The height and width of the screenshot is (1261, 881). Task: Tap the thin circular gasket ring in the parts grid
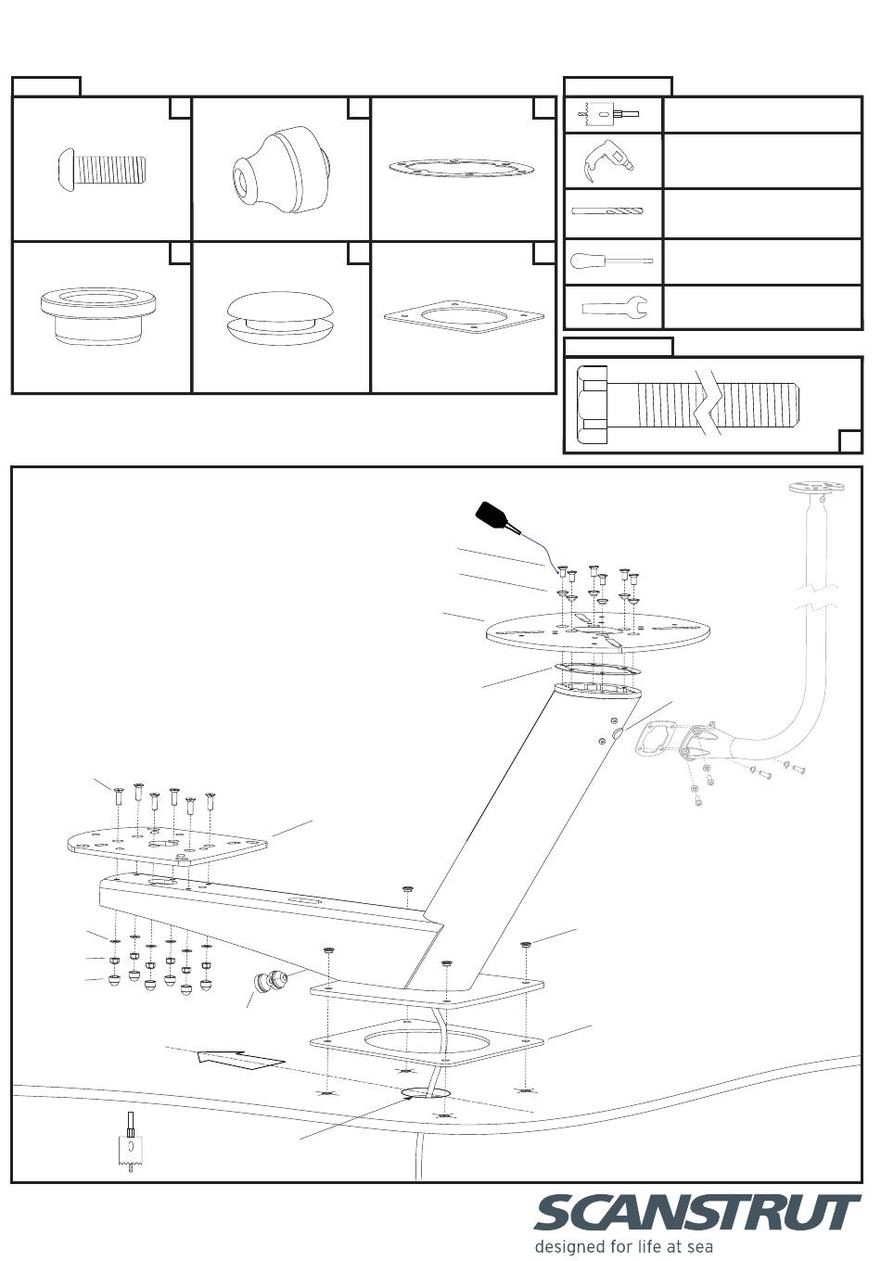[x=461, y=168]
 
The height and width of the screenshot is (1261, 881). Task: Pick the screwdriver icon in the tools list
[x=610, y=261]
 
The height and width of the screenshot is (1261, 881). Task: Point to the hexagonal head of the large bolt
[x=594, y=405]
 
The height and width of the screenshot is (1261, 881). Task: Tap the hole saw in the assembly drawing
[x=132, y=1146]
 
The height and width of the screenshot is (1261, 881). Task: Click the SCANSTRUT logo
[x=696, y=1214]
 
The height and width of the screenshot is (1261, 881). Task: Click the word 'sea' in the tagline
[x=697, y=1247]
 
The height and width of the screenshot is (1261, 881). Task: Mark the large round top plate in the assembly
[x=599, y=634]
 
